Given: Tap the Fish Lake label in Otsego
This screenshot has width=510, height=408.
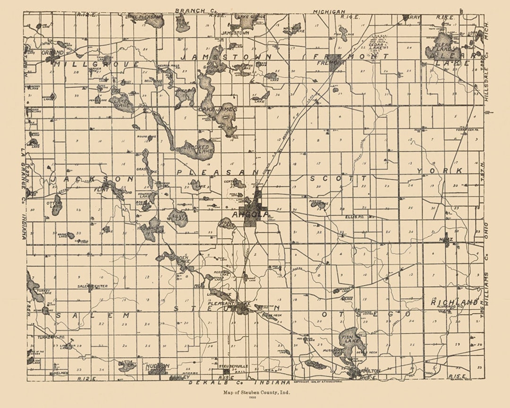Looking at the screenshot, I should tap(350, 338).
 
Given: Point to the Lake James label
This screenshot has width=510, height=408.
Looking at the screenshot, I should tap(218, 109).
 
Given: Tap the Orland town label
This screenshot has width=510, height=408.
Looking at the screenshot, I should tap(52, 52).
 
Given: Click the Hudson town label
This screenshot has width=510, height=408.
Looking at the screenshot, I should tap(157, 366).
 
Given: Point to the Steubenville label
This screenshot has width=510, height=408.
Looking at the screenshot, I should tap(233, 366).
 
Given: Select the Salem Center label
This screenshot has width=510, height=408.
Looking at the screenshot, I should tap(93, 286).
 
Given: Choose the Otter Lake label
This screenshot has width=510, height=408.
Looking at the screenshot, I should tap(56, 205).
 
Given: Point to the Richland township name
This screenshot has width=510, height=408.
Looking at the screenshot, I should tap(454, 302).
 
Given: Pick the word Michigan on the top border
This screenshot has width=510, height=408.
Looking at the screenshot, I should tap(329, 11).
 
